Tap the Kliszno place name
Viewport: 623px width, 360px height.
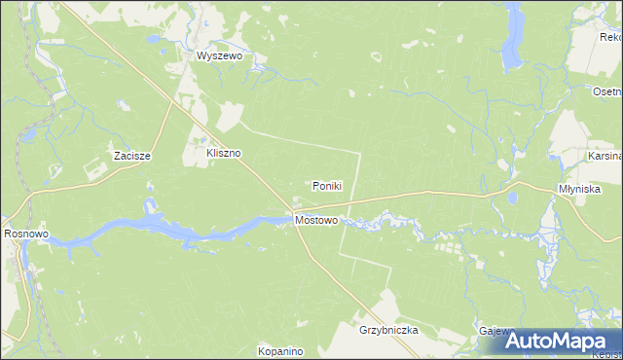coord(223,154)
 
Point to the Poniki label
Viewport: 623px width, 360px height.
coord(326,186)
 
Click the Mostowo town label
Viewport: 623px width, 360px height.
coord(315,221)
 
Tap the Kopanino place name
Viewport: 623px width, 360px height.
coord(281,350)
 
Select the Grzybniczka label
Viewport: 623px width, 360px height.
coord(388,331)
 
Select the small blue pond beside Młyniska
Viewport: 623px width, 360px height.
coord(511,198)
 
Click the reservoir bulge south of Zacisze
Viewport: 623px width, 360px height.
coord(150,207)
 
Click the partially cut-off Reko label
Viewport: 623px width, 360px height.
coord(611,38)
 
